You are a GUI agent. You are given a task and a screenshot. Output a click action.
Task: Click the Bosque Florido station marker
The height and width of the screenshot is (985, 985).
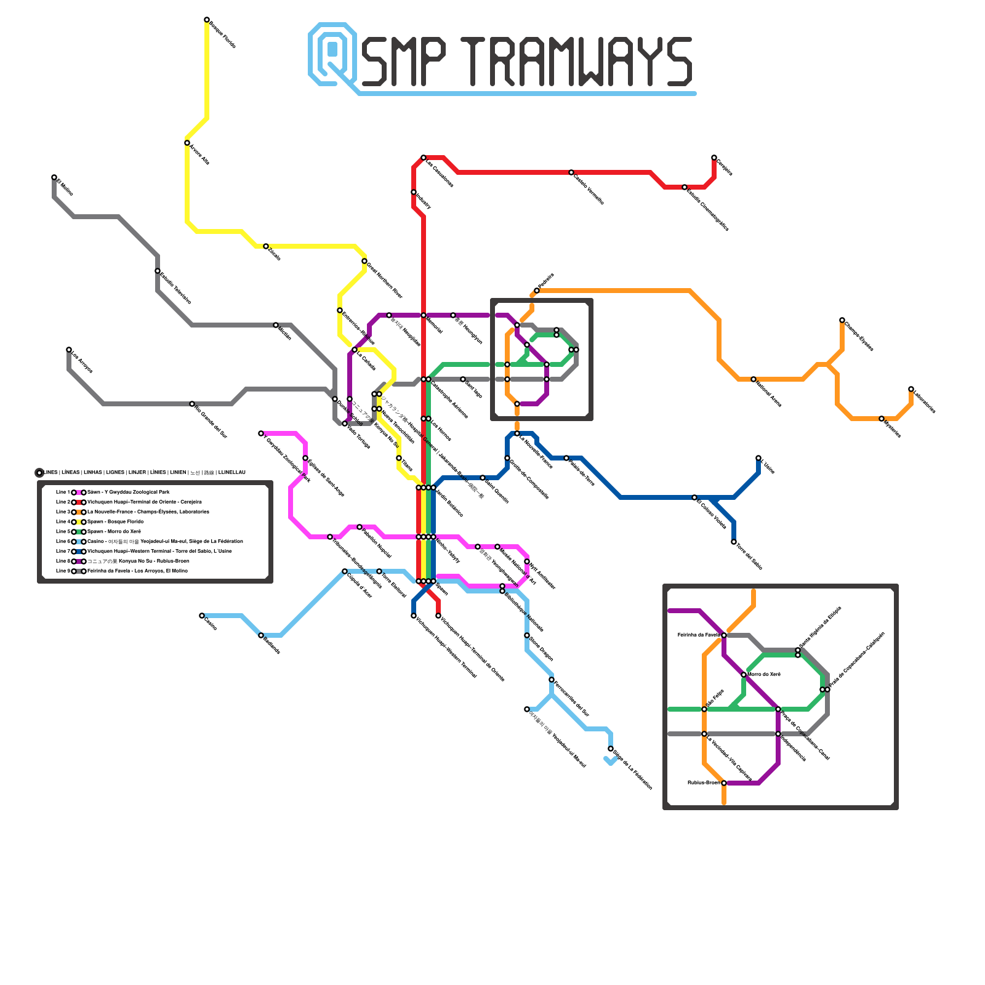(207, 20)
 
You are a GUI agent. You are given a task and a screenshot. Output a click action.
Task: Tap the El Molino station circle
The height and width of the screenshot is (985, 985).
(54, 177)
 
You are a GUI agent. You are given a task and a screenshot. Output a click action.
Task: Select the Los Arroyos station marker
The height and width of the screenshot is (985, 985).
(69, 350)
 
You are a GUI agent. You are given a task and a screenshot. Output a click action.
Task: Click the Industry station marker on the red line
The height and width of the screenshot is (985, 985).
(414, 192)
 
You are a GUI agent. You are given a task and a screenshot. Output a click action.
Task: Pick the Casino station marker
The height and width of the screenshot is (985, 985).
(202, 616)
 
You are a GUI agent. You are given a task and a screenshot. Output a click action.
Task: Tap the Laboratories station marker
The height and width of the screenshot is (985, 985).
(911, 389)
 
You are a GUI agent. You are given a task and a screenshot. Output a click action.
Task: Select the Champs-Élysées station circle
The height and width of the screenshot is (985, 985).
(842, 320)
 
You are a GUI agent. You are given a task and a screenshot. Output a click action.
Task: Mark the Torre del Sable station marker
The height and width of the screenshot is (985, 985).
(734, 542)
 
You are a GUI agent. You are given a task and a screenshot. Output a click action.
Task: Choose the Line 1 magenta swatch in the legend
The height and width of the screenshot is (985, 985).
(79, 492)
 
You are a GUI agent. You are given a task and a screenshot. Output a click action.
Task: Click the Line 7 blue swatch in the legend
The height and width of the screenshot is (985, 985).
(79, 552)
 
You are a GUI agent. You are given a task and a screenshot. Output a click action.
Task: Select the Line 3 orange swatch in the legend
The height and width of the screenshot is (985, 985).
(79, 512)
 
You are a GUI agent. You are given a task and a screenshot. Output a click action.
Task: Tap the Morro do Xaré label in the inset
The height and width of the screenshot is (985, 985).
(764, 674)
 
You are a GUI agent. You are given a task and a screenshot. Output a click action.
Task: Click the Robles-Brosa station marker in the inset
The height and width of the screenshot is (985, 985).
(724, 783)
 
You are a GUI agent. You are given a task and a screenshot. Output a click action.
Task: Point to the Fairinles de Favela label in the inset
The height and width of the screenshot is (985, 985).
(698, 635)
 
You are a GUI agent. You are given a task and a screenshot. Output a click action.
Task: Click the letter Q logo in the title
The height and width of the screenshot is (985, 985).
(332, 54)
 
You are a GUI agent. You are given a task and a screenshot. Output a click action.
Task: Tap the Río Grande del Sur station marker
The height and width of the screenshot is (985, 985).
(192, 404)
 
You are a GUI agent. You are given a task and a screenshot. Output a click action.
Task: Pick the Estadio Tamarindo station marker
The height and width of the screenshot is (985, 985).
(158, 271)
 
